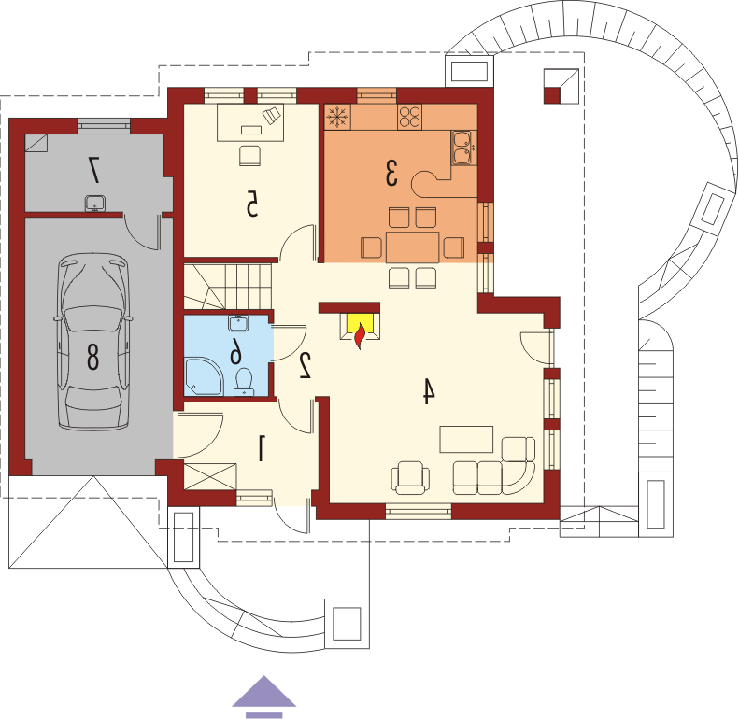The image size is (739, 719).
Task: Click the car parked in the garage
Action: [92, 341]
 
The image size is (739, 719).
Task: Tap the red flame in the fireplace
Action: [360, 335]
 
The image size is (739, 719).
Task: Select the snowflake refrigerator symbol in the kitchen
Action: [337, 116]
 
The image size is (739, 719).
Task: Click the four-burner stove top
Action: [409, 117]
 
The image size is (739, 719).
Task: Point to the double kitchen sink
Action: [462, 148]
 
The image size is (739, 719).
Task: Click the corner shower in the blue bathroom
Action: [203, 376]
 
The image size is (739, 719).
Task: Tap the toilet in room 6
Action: [244, 381]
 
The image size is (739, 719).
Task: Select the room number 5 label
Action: [252, 204]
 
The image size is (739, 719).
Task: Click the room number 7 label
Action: [94, 170]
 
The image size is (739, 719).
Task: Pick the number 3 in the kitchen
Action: [391, 173]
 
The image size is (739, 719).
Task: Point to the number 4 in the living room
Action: [428, 390]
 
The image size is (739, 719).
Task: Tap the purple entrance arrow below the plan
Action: [263, 697]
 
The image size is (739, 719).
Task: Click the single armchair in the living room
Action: [410, 478]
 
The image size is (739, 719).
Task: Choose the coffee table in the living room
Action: [466, 439]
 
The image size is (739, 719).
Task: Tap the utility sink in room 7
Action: [94, 204]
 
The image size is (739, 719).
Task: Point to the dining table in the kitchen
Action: [412, 247]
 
